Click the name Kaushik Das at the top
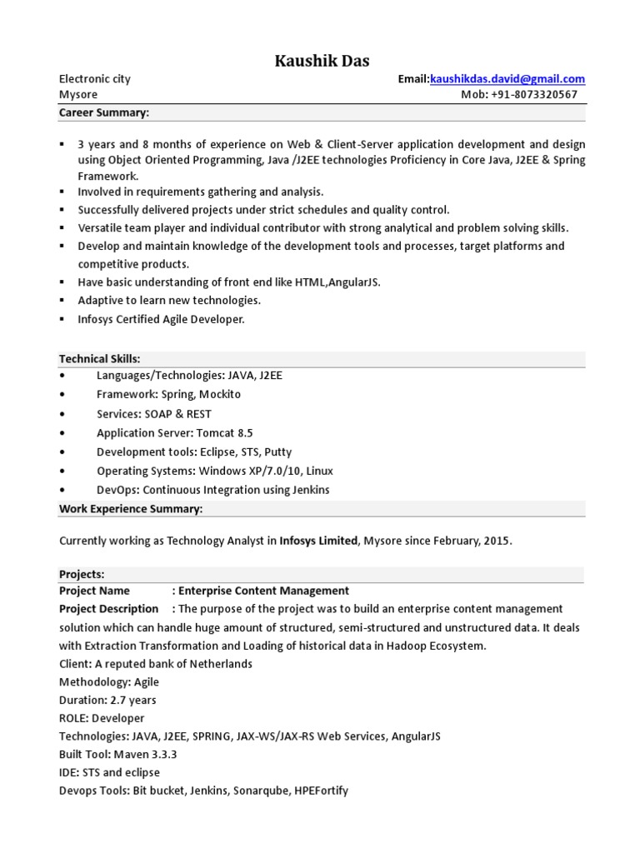[x=322, y=61]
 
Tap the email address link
[x=507, y=79]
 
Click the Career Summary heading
[x=103, y=112]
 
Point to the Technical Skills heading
[x=99, y=359]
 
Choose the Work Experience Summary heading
[x=131, y=509]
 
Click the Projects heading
[x=82, y=575]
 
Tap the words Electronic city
[x=94, y=79]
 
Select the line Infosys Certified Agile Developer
[x=161, y=320]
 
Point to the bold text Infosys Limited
[x=318, y=541]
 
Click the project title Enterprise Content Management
[x=264, y=591]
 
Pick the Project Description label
[x=108, y=609]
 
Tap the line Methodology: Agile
[x=108, y=682]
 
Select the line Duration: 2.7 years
[x=107, y=701]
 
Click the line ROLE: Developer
[x=102, y=718]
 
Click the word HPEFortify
[x=321, y=791]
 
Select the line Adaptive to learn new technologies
[x=169, y=301]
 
